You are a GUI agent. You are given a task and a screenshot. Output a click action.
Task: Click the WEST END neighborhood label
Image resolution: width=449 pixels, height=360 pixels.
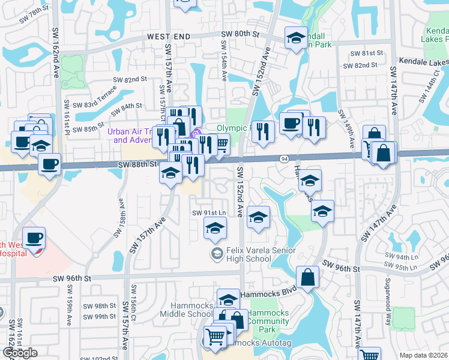coord(169,37)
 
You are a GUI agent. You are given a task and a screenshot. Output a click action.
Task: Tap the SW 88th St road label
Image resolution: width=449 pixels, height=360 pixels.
coord(137,163)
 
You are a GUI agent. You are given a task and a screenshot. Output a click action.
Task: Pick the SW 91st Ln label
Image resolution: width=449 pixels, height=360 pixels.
coord(208,213)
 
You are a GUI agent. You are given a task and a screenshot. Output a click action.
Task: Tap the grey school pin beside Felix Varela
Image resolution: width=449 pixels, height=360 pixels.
coord(215,254)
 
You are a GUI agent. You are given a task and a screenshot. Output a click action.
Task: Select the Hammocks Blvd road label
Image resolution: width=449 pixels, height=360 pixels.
coord(269,294)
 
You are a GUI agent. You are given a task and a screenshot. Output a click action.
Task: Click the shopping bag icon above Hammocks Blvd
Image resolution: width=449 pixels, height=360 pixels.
coord(307,278)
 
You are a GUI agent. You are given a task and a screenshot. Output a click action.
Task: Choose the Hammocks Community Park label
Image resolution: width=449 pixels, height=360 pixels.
coord(269,322)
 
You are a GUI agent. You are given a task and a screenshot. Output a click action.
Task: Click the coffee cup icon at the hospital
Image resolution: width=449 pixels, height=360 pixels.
coord(34,238)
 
